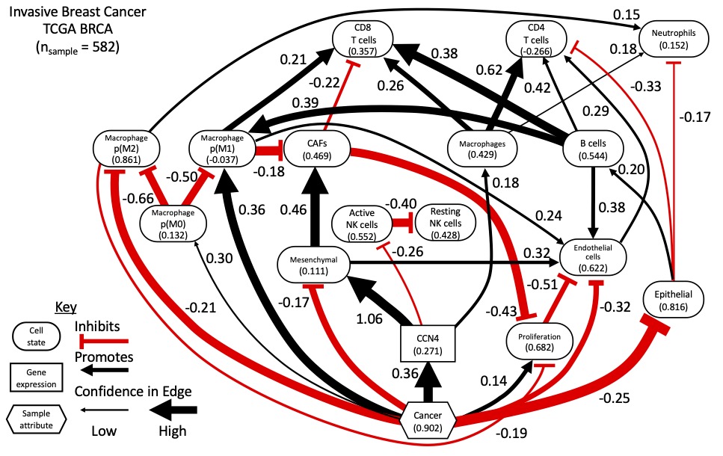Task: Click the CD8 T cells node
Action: [362, 37]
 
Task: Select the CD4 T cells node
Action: [532, 37]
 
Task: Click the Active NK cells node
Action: [361, 222]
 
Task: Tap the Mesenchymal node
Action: [309, 265]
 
